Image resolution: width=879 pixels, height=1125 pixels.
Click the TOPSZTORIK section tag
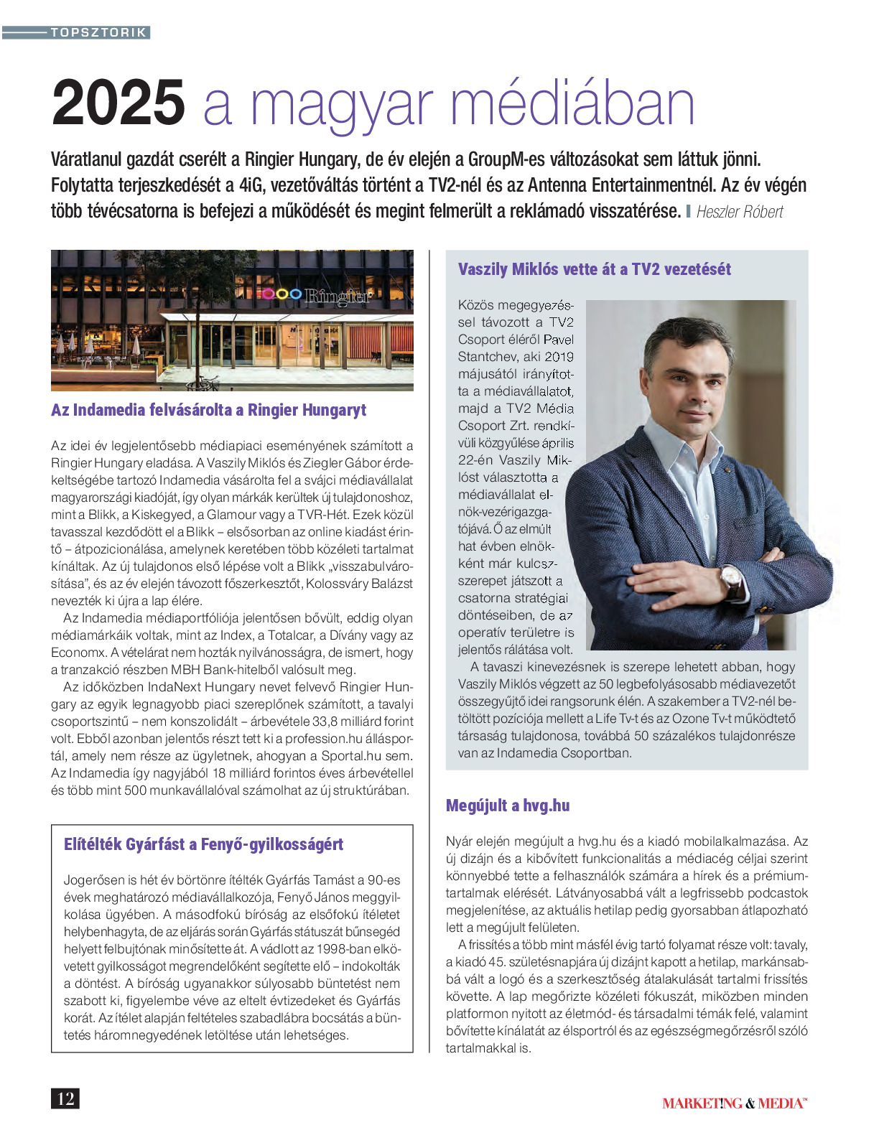pyautogui.click(x=98, y=32)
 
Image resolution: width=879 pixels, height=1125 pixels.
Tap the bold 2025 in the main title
pyautogui.click(x=118, y=103)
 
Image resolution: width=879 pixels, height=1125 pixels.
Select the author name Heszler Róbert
pyautogui.click(x=739, y=212)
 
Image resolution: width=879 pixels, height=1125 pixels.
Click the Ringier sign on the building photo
pyautogui.click(x=338, y=295)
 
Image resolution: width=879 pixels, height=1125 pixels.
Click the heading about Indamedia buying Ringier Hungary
pyautogui.click(x=208, y=410)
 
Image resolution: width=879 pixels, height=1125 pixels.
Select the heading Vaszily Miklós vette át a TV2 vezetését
pyautogui.click(x=594, y=269)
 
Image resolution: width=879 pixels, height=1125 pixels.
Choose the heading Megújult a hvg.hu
pyautogui.click(x=507, y=806)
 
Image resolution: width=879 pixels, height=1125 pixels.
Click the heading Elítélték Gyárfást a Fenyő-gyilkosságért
pyautogui.click(x=203, y=844)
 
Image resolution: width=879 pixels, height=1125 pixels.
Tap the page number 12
pyautogui.click(x=65, y=1098)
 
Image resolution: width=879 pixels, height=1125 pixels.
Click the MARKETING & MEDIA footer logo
pyautogui.click(x=734, y=1103)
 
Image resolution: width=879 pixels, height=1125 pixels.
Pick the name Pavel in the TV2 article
pyautogui.click(x=558, y=340)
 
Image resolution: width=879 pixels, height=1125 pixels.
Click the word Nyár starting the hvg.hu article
pyautogui.click(x=459, y=841)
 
